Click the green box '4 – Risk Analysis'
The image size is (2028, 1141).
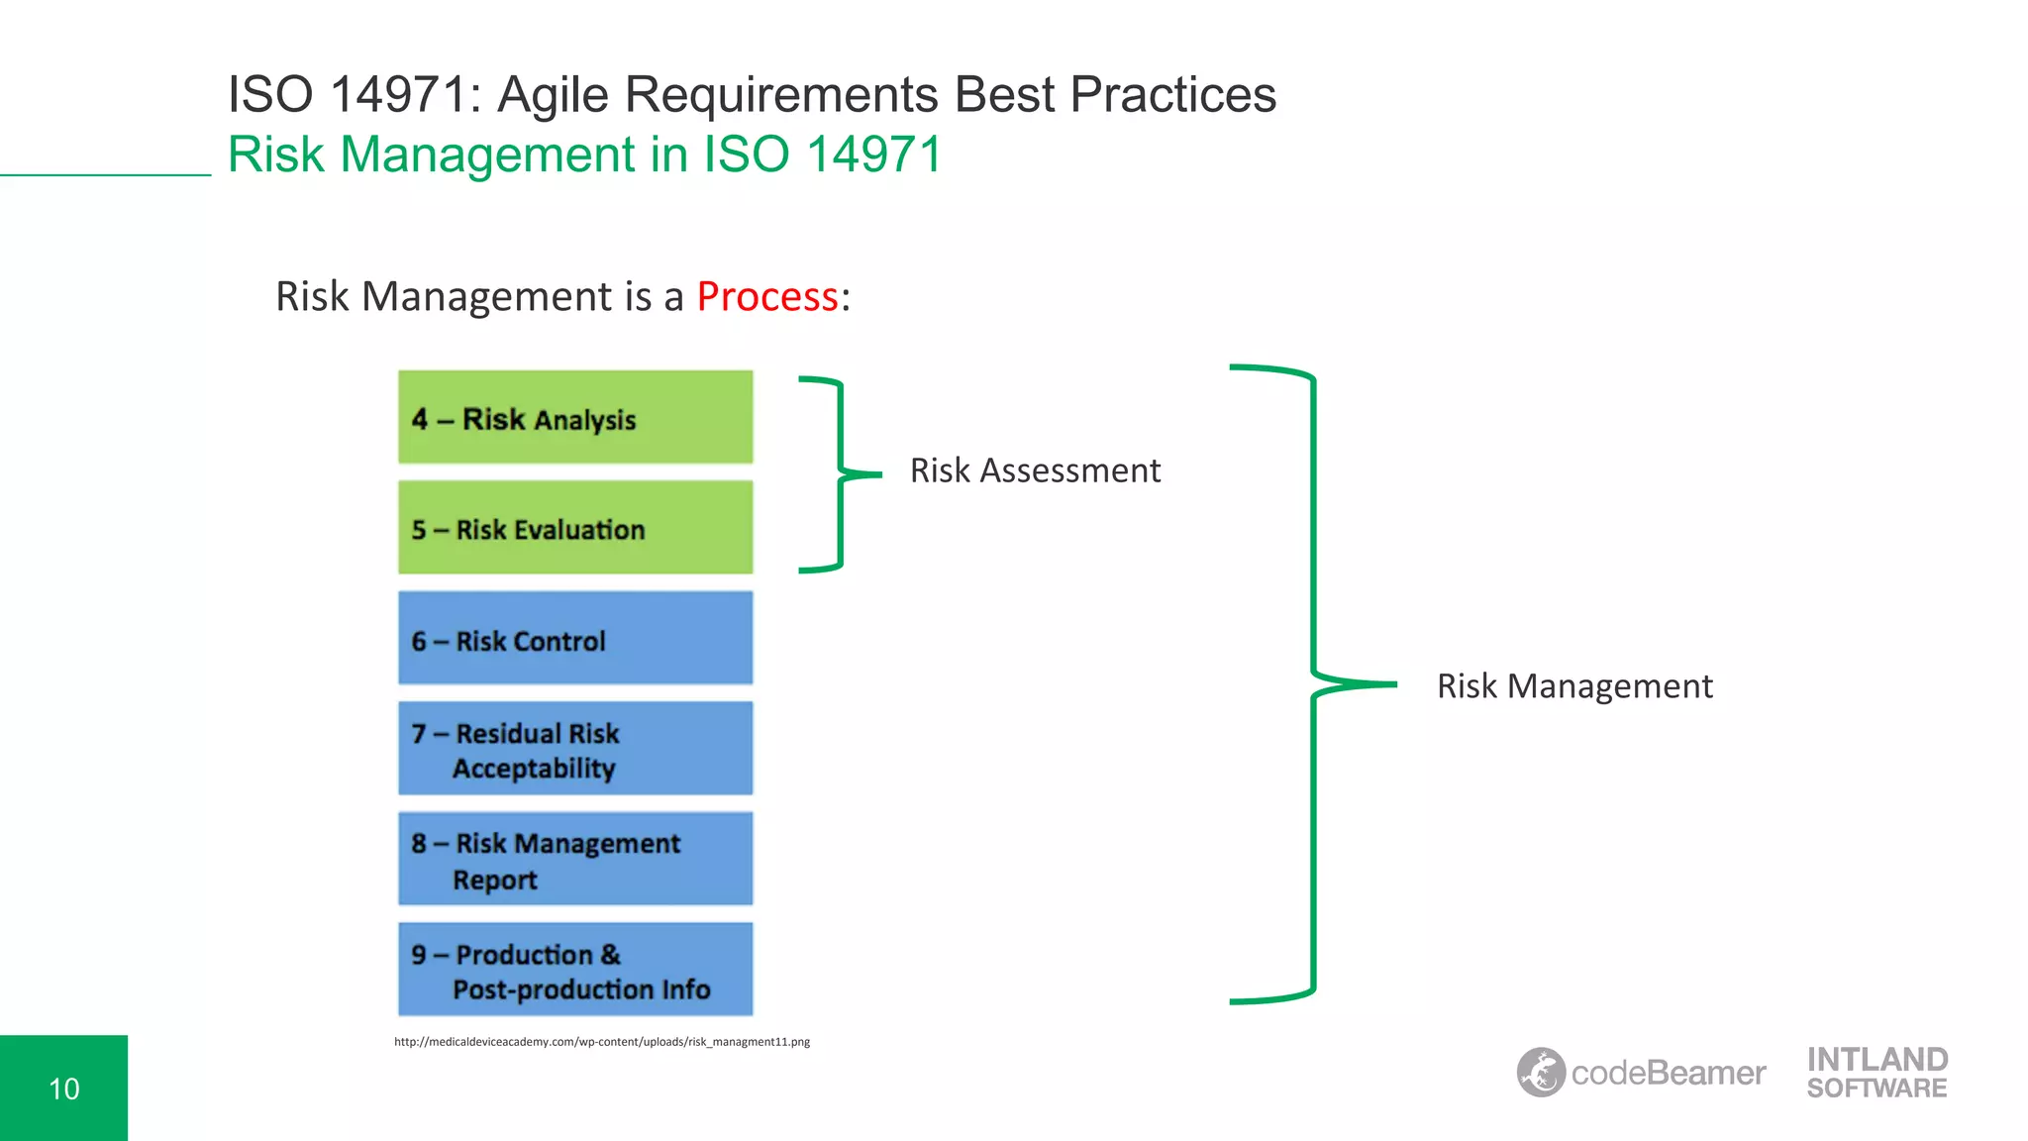tap(575, 417)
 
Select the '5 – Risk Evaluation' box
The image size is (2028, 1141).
tap(575, 528)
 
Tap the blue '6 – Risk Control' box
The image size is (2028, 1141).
tap(575, 639)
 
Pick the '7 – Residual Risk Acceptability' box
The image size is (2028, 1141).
tap(575, 749)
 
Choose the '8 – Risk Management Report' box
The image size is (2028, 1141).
tap(575, 859)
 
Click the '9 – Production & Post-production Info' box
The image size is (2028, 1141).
tap(575, 970)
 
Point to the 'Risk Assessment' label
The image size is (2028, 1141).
tap(1035, 470)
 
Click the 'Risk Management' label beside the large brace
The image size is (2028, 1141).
tap(1574, 686)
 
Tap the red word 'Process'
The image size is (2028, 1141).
tap(767, 297)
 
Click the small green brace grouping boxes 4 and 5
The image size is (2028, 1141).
tap(840, 474)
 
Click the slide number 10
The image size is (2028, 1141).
tap(64, 1089)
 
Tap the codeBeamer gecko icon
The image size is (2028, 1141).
tap(1541, 1073)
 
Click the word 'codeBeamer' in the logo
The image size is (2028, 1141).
tap(1669, 1074)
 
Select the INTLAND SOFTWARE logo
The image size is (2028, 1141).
tap(1876, 1074)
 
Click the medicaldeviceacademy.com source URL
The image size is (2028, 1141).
tap(602, 1042)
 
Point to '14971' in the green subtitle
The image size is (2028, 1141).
tap(873, 155)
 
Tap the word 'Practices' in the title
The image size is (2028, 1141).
tap(1172, 95)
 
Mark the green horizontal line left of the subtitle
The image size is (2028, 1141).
tap(105, 175)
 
